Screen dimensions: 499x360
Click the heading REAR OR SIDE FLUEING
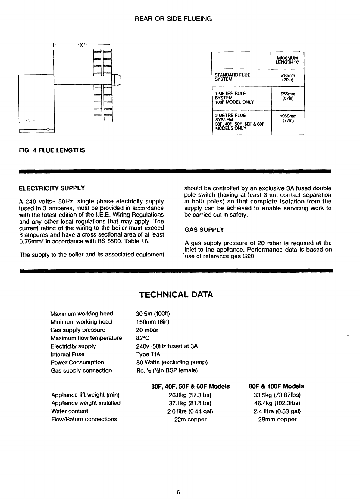[173, 19]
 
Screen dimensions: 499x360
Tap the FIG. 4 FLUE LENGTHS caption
[52, 150]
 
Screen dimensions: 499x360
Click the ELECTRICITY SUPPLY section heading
[52, 188]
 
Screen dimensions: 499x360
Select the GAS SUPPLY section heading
[204, 230]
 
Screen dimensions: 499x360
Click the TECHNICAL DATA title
[176, 294]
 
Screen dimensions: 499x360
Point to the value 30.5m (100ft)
[153, 314]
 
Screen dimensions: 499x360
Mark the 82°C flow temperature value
[141, 338]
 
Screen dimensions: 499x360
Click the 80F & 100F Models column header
[276, 386]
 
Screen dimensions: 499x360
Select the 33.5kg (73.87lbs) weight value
[277, 395]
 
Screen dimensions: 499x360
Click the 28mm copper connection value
[277, 419]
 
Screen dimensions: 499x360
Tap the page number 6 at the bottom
[178, 492]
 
